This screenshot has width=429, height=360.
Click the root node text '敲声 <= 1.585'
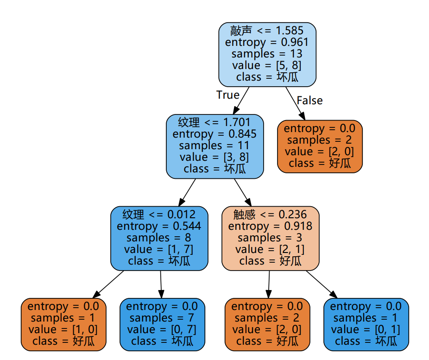(267, 31)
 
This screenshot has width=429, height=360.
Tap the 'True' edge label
(227, 95)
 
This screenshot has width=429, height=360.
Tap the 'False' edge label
(309, 101)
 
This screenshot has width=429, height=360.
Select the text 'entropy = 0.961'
(267, 42)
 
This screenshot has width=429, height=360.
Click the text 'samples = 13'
(267, 54)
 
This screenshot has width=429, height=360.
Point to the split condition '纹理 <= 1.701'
(214, 122)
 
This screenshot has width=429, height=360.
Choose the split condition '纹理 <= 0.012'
(159, 215)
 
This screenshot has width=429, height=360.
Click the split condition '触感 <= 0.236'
(271, 215)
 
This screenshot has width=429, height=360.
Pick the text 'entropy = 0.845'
(214, 134)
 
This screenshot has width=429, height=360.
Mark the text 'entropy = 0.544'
(159, 226)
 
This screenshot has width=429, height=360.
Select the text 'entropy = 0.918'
(271, 226)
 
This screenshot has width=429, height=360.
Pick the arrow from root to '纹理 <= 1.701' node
(241, 101)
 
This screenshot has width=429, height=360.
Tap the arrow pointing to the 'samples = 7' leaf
(161, 284)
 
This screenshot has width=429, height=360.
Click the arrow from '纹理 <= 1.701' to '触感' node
(242, 192)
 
